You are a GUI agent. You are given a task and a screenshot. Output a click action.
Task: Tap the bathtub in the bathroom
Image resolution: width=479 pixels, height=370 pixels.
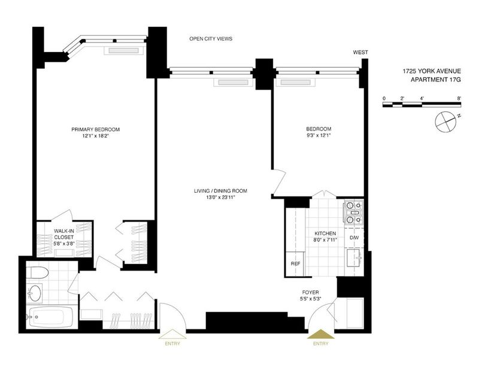coord(50,317)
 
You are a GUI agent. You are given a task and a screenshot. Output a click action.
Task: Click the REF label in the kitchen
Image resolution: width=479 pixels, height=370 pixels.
coord(295,263)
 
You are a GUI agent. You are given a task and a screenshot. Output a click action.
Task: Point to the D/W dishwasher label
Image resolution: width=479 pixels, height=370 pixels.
coord(354,238)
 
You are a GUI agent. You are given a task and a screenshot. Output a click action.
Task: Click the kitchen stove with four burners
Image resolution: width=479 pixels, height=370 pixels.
coord(354,213)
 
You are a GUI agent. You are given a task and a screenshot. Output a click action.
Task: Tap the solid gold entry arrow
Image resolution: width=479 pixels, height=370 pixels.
coord(320,334)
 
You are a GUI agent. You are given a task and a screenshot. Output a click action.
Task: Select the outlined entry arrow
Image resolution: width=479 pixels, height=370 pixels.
coord(172,334)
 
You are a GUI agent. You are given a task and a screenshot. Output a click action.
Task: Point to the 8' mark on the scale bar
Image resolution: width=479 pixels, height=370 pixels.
coord(459,98)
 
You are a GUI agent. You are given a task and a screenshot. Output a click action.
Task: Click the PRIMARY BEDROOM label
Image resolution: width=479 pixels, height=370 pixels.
coord(96,129)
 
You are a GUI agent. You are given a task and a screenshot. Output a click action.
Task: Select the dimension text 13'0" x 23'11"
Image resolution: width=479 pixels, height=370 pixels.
coord(220,198)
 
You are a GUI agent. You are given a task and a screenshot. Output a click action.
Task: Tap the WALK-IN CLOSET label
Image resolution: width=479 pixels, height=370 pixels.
coord(64,233)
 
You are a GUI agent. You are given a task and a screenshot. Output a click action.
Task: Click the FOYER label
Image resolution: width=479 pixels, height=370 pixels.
coord(310,292)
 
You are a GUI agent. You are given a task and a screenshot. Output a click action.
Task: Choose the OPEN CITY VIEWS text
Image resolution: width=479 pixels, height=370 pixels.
coord(211,39)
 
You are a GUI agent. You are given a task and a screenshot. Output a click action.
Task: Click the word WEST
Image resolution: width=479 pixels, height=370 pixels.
coord(360,52)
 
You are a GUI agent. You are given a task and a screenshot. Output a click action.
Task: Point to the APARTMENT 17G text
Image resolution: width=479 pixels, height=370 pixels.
coord(436,80)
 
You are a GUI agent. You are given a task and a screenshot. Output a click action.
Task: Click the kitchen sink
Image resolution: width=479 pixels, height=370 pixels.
coord(354,258)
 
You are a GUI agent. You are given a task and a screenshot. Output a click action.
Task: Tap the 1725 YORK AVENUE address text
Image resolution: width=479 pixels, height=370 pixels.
coord(432,71)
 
